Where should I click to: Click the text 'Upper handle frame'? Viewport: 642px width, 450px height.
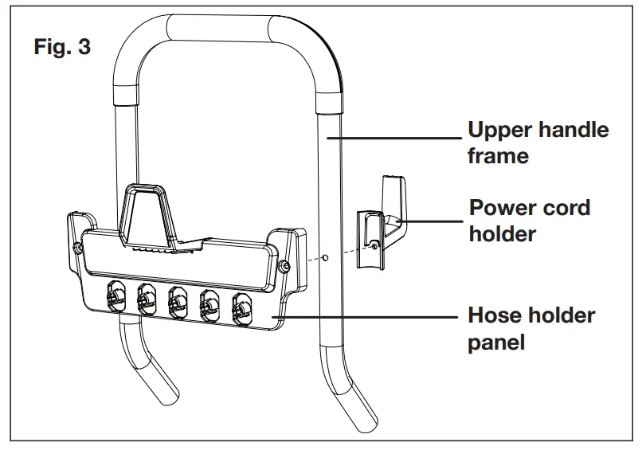[x=538, y=143]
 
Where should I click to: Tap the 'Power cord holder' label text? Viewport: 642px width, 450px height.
[x=530, y=221]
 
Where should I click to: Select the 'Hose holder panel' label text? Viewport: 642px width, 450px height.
[x=530, y=328]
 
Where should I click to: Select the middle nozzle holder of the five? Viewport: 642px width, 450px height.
[x=177, y=301]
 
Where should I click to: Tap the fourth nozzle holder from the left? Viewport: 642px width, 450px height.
[x=209, y=304]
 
